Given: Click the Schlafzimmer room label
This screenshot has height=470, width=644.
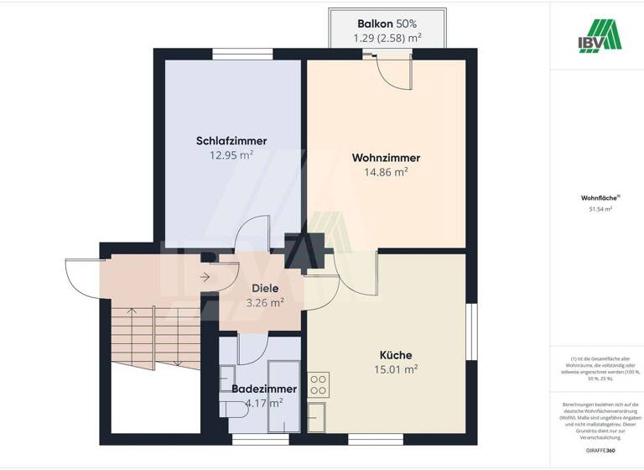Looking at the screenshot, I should [231, 141].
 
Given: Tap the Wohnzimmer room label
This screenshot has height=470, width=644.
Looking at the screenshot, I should [386, 158].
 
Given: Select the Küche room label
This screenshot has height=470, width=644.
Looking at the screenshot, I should [395, 355].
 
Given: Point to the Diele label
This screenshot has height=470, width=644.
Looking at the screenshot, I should [265, 289].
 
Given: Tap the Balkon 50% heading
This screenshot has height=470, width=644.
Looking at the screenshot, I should [387, 23].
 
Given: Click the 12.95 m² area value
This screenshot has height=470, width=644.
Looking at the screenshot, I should [231, 155].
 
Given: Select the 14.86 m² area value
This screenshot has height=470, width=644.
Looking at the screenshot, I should [386, 172].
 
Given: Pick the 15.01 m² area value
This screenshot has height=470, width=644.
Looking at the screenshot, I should [395, 369].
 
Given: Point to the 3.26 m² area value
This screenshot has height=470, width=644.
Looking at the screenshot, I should [265, 303].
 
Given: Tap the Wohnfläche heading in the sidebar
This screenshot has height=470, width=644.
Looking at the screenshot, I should [595, 198].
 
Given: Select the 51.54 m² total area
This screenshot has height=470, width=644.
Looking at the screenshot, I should [596, 209].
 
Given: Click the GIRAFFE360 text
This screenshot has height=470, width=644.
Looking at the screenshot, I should [596, 452].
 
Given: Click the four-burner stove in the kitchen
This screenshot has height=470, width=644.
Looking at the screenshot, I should [319, 384].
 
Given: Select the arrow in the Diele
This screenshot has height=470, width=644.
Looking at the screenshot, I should [205, 276].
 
